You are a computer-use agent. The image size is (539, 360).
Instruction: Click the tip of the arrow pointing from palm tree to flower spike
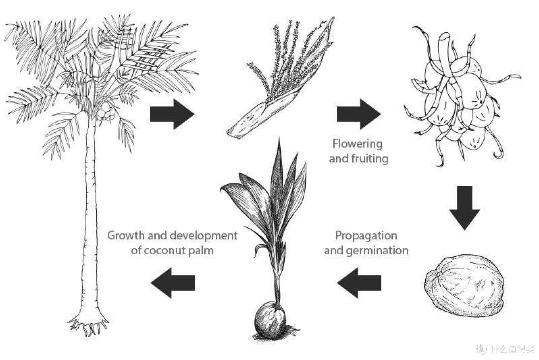194,114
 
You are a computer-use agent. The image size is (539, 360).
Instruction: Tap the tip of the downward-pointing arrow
465,230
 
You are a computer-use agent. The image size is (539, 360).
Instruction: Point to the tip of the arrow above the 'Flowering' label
381,114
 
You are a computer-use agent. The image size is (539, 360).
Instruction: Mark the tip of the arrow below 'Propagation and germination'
337,283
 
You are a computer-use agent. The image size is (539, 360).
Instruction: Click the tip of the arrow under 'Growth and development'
151,283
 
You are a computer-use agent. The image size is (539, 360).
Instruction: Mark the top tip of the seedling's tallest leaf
279,137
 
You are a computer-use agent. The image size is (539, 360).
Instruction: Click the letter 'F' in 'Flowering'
335,143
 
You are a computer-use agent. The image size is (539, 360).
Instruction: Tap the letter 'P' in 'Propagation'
338,236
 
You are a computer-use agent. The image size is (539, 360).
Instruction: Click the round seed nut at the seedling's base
270,320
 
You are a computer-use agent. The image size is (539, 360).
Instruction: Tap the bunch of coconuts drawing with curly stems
461,96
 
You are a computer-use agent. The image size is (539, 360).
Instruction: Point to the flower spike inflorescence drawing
280,77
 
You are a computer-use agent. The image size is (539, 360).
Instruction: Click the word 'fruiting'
373,158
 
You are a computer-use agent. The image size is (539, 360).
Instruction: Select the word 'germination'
377,250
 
